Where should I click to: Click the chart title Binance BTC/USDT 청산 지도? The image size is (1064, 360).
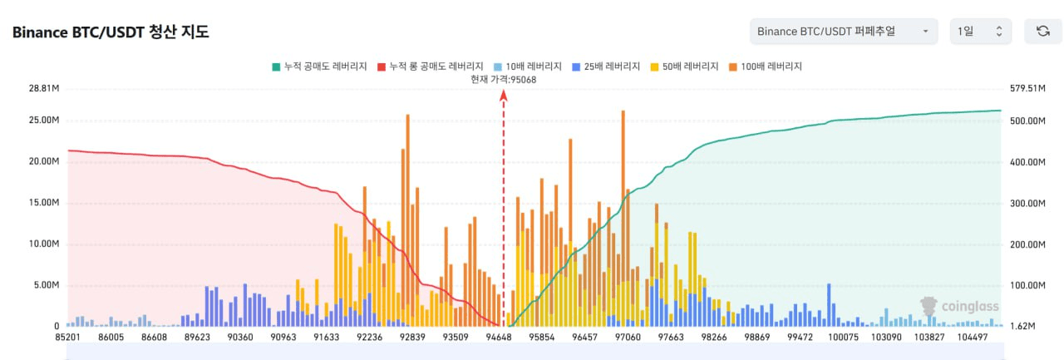tap(111, 32)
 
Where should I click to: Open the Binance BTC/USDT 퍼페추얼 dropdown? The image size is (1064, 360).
tap(843, 32)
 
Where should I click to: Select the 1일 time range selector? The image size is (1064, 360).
tap(981, 32)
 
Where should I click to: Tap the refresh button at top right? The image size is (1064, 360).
tap(1042, 32)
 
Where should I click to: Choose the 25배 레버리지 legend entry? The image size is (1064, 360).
tap(606, 66)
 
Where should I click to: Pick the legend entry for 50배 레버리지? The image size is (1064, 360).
tap(686, 66)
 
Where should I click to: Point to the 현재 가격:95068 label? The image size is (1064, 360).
tap(503, 80)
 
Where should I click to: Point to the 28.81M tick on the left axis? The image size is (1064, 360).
tap(44, 87)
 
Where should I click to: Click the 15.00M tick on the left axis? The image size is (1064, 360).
tap(44, 203)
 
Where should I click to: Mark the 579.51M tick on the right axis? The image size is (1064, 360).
tap(1027, 87)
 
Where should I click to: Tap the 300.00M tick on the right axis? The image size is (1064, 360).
tap(1027, 203)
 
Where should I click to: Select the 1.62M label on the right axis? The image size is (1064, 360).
tap(1021, 327)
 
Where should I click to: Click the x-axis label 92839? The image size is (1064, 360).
tap(413, 338)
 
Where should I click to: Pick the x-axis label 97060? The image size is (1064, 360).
tap(627, 338)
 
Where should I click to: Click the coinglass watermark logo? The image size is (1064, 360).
tap(959, 307)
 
